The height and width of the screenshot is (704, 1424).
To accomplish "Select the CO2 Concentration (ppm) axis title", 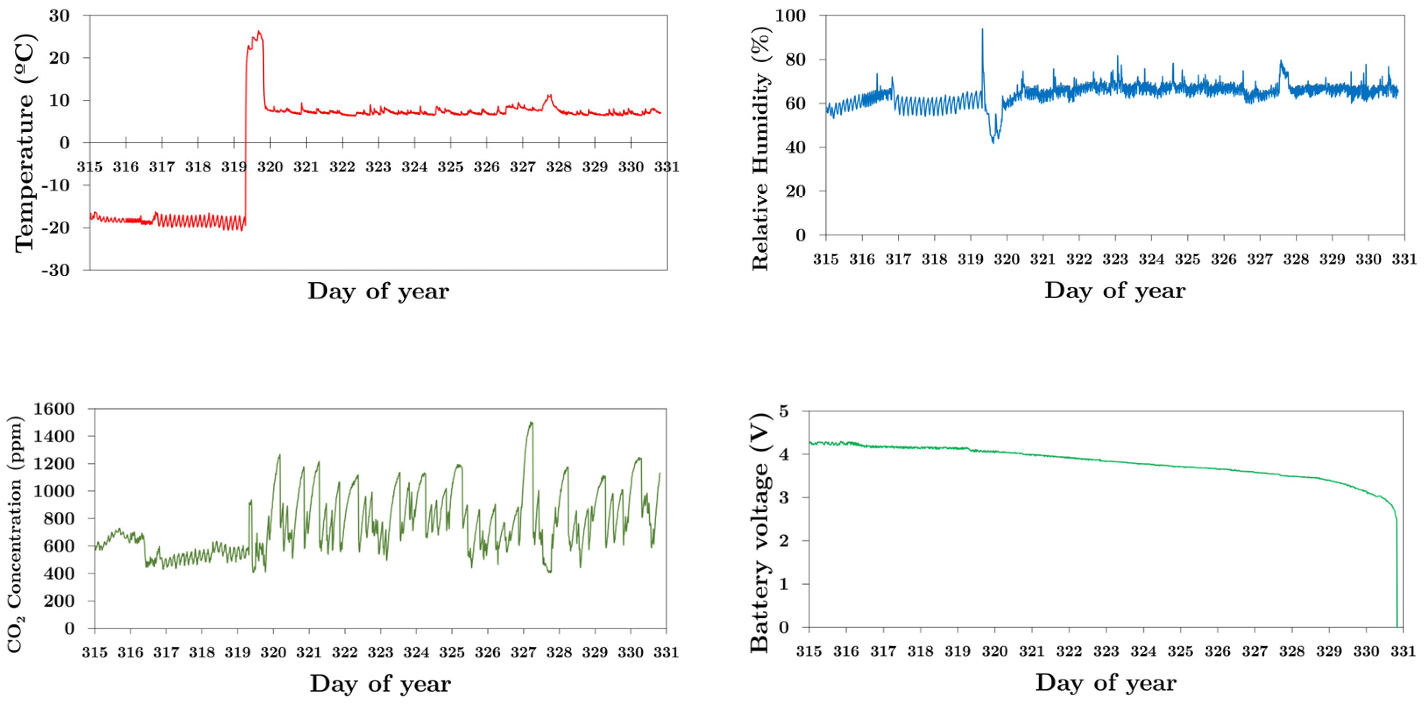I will [15, 534].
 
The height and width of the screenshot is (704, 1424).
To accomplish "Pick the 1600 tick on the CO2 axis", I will [53, 409].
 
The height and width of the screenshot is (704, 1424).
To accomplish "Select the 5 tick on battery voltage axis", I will [784, 412].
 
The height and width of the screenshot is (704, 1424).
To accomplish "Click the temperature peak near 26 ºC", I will [259, 32].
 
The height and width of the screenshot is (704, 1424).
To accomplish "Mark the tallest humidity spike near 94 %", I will [982, 30].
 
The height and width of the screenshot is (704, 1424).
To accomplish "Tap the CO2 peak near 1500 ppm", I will [531, 423].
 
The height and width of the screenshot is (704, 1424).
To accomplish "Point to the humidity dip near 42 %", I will [993, 141].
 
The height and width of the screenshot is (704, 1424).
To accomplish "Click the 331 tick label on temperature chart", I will [667, 167].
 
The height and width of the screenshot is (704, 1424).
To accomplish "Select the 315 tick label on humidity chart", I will [825, 259].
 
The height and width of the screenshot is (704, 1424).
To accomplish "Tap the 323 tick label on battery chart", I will [1106, 651].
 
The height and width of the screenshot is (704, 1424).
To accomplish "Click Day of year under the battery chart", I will [1106, 683].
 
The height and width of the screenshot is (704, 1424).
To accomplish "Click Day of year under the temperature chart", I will [378, 291].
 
